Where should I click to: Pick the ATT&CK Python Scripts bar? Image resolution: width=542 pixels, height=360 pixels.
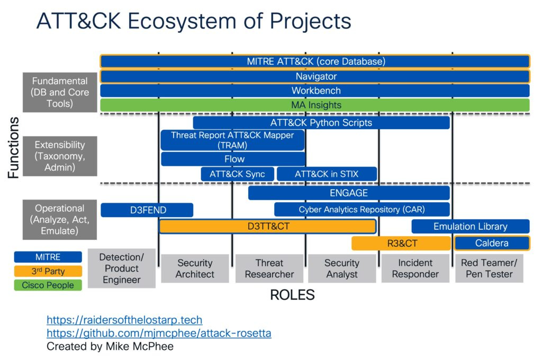pos(321,123)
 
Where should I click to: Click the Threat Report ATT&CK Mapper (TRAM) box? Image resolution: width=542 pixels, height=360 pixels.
pos(233,140)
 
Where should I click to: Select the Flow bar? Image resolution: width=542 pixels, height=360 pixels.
pos(233,159)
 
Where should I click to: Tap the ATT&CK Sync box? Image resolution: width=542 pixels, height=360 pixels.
pos(237,174)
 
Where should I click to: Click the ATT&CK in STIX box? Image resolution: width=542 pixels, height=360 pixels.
pos(327,174)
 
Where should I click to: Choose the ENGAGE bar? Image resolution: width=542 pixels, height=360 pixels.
pos(349,193)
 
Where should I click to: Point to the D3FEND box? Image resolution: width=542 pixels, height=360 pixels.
pos(147,210)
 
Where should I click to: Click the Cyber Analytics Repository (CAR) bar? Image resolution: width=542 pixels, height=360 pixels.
pos(362,210)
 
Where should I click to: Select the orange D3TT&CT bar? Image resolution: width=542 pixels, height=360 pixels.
pos(268,227)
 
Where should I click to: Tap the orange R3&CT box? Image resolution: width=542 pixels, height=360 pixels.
pos(401,244)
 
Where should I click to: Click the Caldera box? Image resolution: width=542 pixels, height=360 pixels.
pos(492,244)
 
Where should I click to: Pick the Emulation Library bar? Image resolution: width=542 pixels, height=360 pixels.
pos(470,227)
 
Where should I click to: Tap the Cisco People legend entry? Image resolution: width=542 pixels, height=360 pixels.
pos(48,285)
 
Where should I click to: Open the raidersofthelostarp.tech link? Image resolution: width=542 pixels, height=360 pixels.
pos(124,320)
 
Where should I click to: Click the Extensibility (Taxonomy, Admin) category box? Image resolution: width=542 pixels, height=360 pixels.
pos(59,156)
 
